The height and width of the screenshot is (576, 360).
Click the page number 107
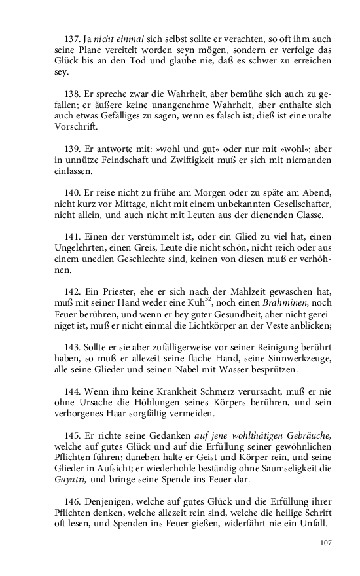click(325, 543)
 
